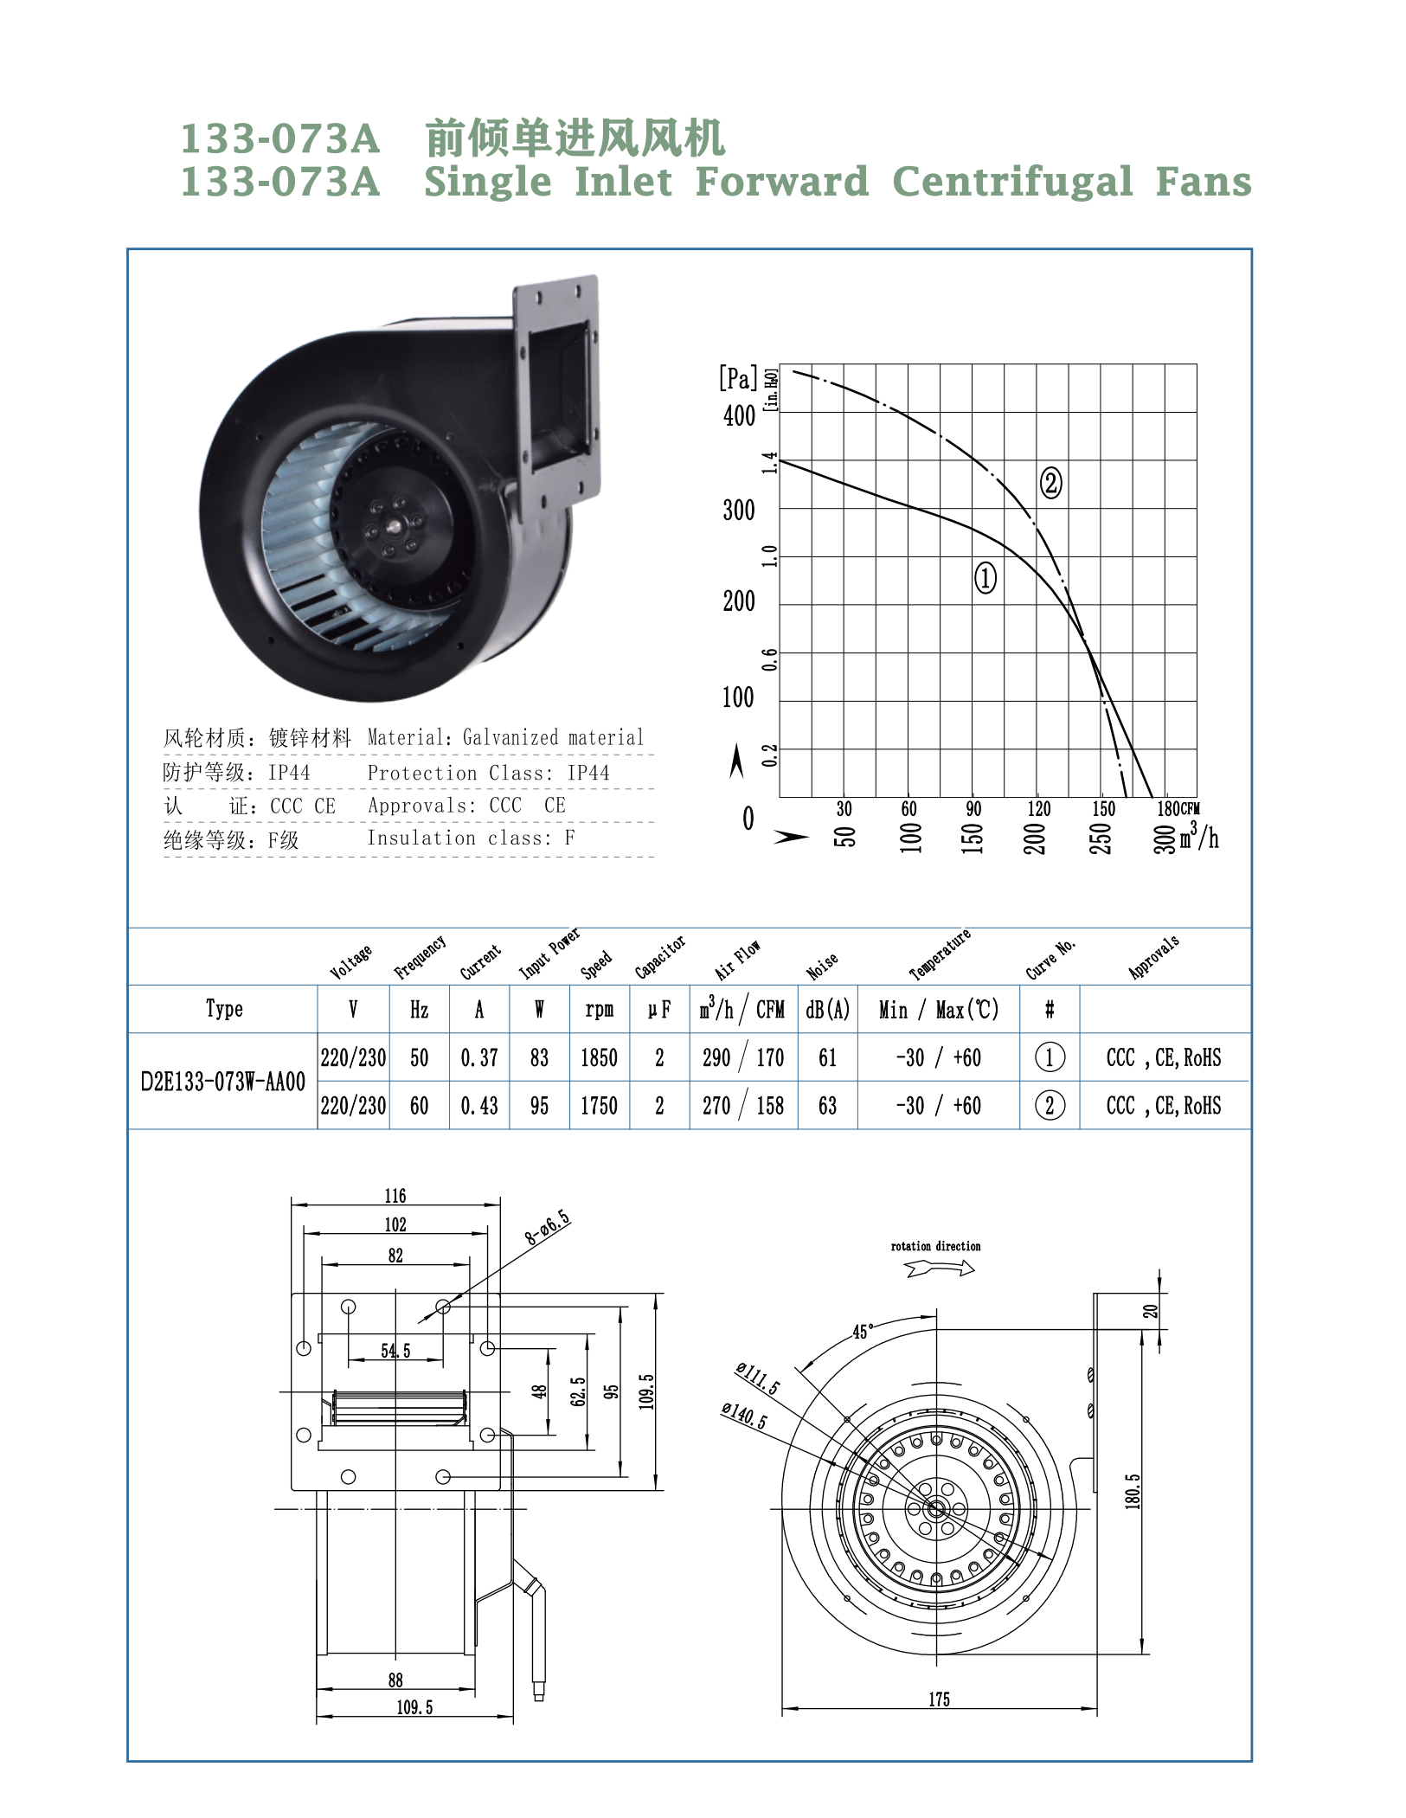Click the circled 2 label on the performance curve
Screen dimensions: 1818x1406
(x=1050, y=483)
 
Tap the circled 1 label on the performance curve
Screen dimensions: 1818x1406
(x=985, y=577)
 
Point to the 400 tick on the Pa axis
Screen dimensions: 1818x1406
(x=739, y=416)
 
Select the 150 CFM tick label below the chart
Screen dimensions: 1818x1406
(x=1103, y=808)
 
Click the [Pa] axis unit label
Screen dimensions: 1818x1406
(x=737, y=378)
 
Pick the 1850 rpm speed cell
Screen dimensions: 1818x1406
(x=599, y=1057)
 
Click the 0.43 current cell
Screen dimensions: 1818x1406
(x=479, y=1106)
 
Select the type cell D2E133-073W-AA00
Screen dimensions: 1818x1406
(x=223, y=1082)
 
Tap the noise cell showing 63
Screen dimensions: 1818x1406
(x=827, y=1106)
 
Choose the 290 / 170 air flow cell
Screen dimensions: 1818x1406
(x=743, y=1057)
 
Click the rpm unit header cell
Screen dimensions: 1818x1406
(x=599, y=1010)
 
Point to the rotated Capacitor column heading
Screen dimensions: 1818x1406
(x=659, y=956)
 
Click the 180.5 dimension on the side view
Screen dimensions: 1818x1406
(x=1133, y=1491)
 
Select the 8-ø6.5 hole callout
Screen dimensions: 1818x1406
(x=547, y=1227)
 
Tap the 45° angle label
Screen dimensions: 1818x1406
(x=863, y=1332)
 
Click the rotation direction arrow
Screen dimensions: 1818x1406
(x=940, y=1269)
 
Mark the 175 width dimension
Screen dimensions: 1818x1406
(x=939, y=1699)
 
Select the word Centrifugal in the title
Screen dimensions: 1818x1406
(x=1011, y=182)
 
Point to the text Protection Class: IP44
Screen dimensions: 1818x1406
(x=488, y=773)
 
